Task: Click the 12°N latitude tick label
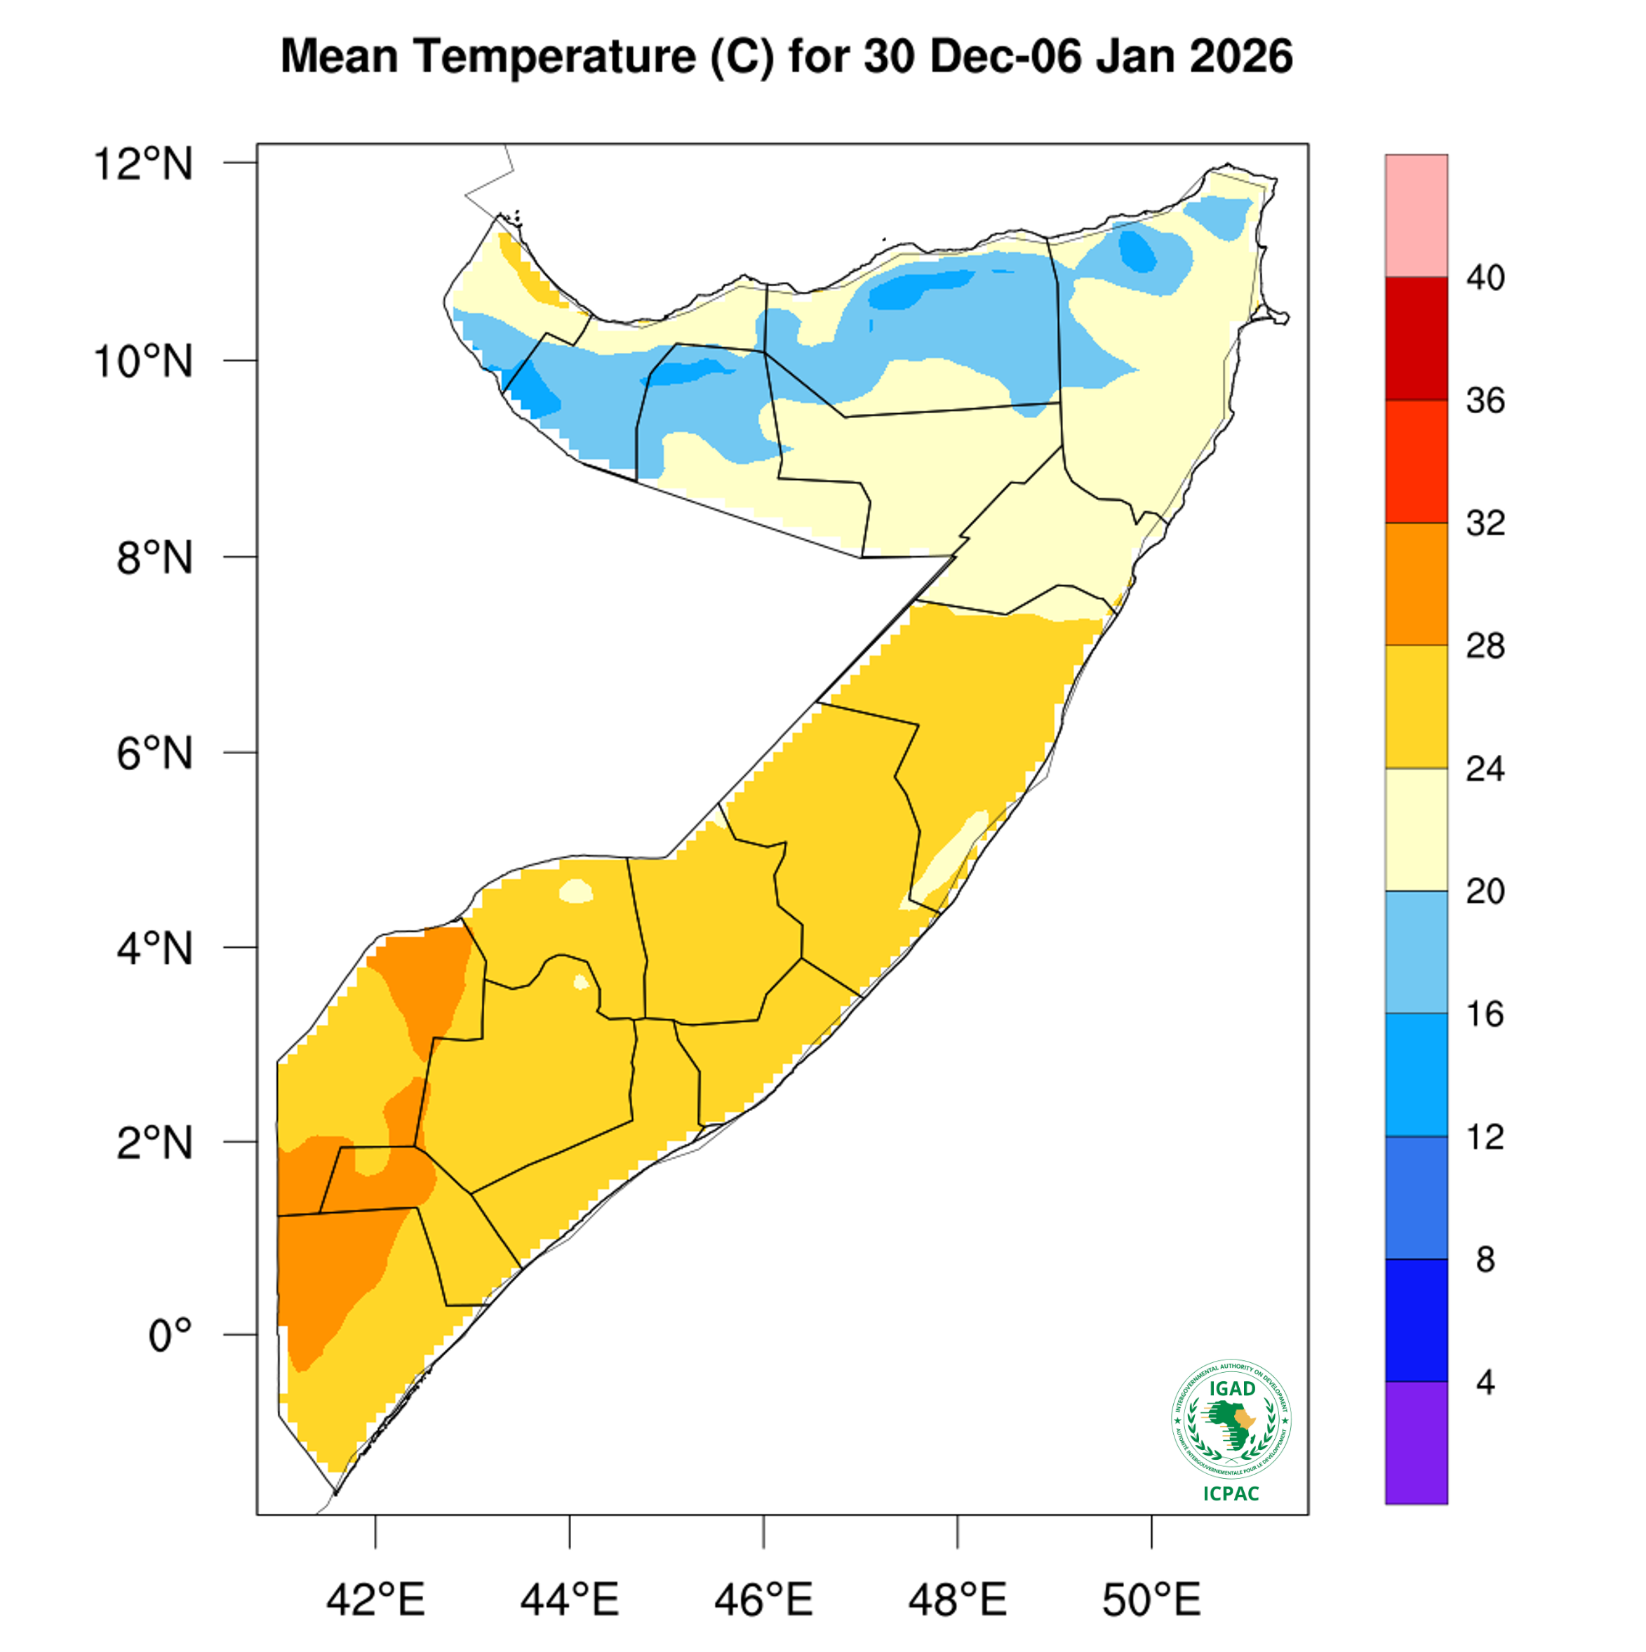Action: pos(144,163)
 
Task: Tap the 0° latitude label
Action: pos(170,1335)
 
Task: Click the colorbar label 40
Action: pos(1485,278)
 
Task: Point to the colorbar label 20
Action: pos(1485,892)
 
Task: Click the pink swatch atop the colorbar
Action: pos(1416,215)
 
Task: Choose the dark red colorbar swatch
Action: pos(1416,339)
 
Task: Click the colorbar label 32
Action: pos(1485,523)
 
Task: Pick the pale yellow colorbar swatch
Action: pos(1416,829)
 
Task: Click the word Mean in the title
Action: pos(339,56)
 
